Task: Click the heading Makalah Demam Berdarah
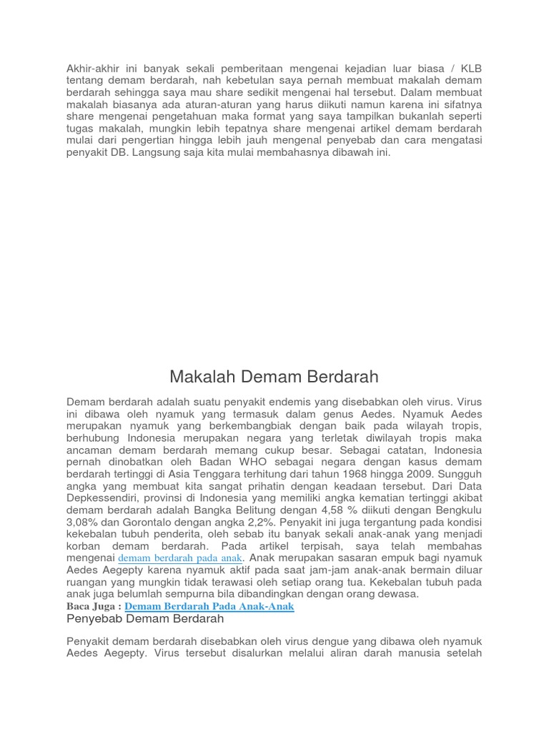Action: point(274,376)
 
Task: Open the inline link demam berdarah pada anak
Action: point(181,558)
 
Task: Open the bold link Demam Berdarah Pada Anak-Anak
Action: point(209,606)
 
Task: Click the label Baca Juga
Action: point(91,606)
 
